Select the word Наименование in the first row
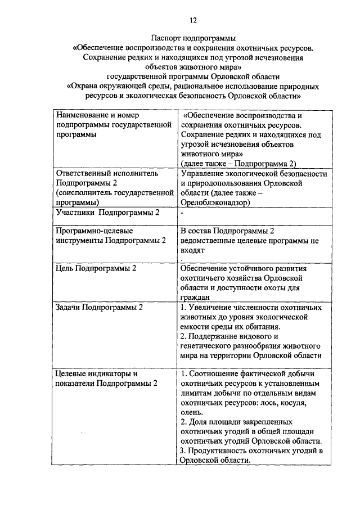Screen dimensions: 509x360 coord(83,115)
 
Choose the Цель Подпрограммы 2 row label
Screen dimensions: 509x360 coord(96,268)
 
